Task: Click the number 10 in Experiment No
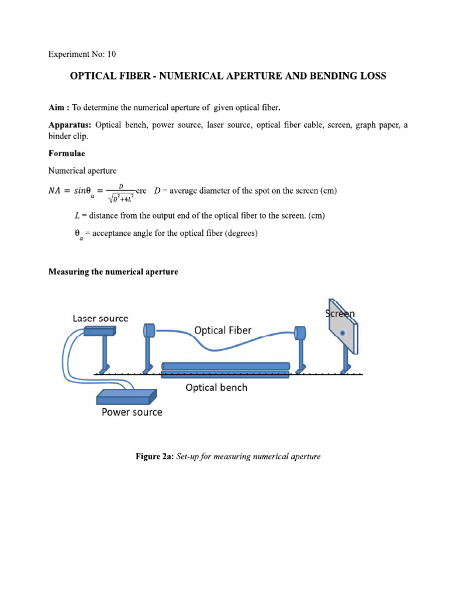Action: click(110, 54)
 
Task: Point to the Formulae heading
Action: click(66, 153)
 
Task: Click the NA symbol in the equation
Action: click(57, 191)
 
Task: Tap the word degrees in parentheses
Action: click(240, 233)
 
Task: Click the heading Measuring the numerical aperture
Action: click(113, 272)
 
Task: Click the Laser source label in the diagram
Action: click(101, 318)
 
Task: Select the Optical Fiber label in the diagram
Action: click(223, 330)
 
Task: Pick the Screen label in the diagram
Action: click(340, 314)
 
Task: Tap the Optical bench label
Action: click(216, 387)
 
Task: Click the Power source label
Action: click(132, 412)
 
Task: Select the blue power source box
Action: click(126, 397)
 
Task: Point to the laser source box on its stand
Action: click(99, 331)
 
